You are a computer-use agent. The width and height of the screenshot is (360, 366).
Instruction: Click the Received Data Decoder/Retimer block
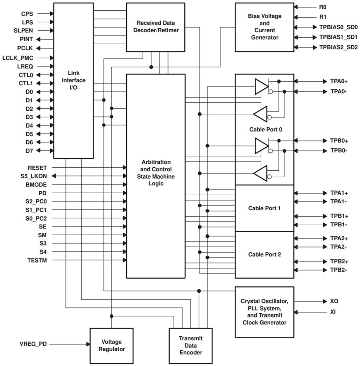(x=156, y=27)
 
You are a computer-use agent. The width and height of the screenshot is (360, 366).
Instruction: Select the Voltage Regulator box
(x=111, y=346)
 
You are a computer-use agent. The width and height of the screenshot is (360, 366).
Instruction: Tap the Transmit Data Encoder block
(x=190, y=345)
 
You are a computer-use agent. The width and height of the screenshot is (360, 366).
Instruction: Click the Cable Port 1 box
(x=264, y=208)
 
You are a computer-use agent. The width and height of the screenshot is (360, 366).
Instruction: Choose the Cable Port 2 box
(x=264, y=255)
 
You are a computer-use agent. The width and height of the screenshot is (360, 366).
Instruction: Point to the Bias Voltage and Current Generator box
(x=264, y=27)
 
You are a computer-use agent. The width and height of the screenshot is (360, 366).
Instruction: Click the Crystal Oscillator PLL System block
(x=264, y=312)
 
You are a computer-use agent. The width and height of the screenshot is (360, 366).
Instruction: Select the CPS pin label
(x=27, y=14)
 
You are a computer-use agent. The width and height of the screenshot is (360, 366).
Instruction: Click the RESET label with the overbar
(x=37, y=167)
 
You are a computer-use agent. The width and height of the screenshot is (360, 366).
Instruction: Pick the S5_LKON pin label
(x=33, y=176)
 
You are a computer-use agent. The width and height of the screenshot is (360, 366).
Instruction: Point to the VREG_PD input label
(x=33, y=344)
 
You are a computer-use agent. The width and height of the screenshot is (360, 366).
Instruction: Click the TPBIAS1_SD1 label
(x=338, y=37)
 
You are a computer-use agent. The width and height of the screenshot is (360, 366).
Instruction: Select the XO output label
(x=334, y=301)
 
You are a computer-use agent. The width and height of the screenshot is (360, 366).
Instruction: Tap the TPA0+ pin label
(x=339, y=81)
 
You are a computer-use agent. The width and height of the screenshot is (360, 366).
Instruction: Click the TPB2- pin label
(x=339, y=270)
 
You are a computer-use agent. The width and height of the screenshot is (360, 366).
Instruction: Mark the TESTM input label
(x=37, y=260)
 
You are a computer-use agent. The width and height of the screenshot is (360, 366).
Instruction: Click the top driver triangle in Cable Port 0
(x=261, y=87)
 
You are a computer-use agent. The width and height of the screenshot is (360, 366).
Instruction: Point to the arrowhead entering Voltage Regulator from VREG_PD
(x=88, y=344)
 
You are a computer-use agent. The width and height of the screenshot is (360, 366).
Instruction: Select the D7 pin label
(x=29, y=150)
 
